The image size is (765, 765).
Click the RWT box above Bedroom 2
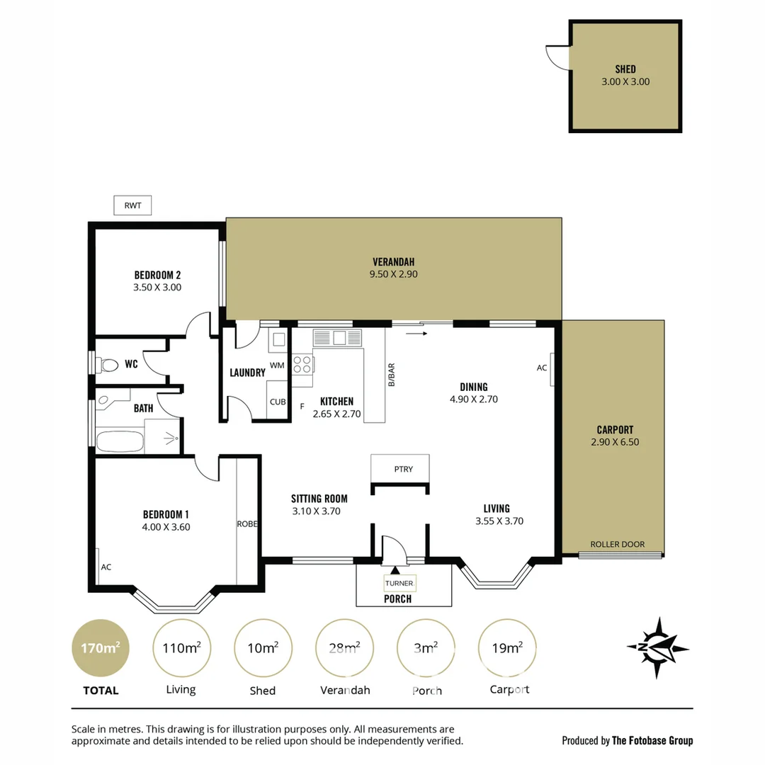coord(132,205)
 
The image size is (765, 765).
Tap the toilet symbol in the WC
coord(108,365)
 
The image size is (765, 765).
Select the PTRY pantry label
coord(403,469)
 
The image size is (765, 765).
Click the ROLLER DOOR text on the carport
coord(618,544)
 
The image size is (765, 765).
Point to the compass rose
coord(657,647)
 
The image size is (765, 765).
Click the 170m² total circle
coord(100,648)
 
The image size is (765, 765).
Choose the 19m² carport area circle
coord(507,648)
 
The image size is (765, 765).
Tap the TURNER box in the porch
coord(399,583)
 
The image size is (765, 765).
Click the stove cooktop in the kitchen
coord(302,364)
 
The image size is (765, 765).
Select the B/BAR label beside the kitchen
coord(391,375)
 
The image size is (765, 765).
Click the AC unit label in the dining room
coord(542,368)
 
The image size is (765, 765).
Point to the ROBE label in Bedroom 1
coord(246,524)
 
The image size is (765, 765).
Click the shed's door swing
coord(558,57)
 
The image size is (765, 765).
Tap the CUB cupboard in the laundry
coord(277,402)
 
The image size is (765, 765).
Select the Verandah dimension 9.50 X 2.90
coord(393,273)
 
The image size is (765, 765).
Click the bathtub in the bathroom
coord(119,441)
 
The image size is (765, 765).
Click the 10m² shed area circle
coord(262,648)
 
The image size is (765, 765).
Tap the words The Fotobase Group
coord(652,740)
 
